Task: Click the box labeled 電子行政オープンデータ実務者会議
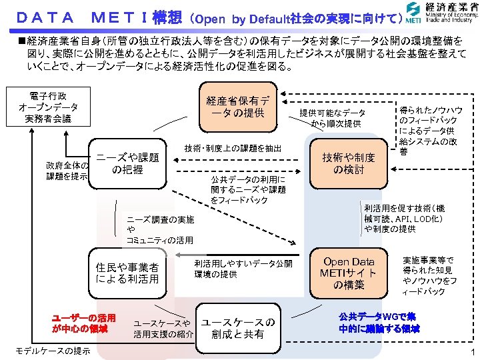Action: [48, 107]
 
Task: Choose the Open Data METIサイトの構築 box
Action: [349, 273]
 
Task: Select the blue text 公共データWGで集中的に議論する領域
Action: [379, 322]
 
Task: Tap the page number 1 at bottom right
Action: [471, 351]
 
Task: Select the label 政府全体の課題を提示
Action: [67, 171]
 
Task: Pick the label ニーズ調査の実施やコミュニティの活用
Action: [160, 229]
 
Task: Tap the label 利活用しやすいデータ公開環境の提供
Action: [243, 269]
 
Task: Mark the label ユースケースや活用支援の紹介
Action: [163, 328]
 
